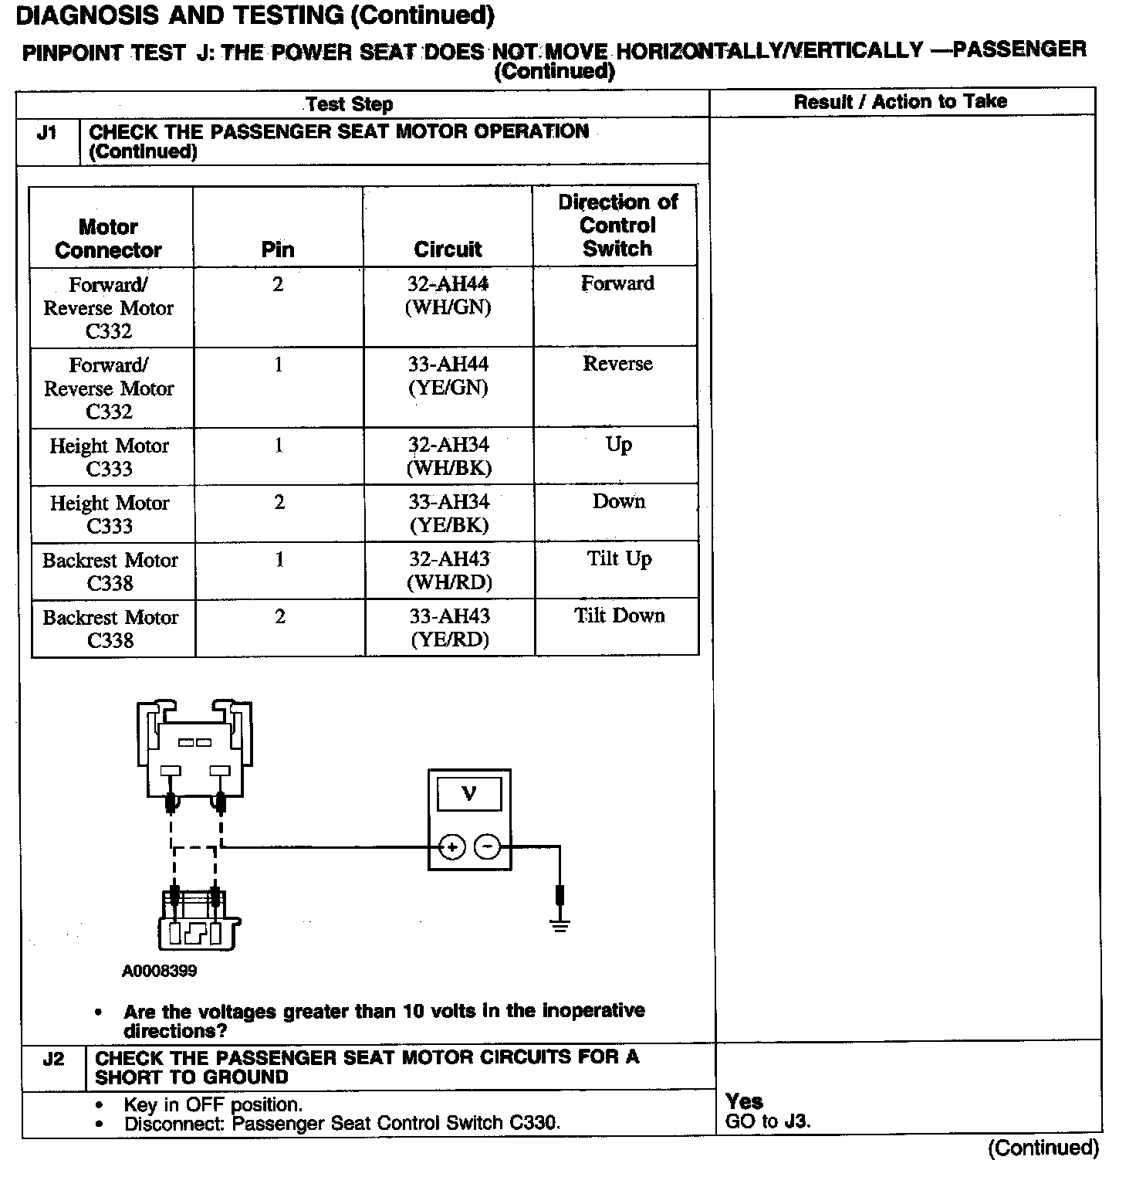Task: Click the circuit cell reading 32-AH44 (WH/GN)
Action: tap(448, 296)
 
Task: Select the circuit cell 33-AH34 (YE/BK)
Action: tap(449, 514)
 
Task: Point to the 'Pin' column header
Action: tap(278, 249)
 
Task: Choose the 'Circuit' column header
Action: tap(448, 249)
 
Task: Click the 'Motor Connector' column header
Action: tap(109, 239)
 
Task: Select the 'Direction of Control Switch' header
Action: tap(617, 226)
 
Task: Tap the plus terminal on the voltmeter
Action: tap(451, 847)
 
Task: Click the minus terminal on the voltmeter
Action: tap(487, 847)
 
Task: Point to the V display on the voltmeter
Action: tap(468, 793)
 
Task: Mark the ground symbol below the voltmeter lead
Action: tap(560, 924)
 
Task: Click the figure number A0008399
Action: tap(159, 971)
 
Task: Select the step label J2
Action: tap(53, 1059)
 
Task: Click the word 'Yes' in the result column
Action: tap(744, 1101)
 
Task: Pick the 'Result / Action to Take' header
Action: tap(901, 101)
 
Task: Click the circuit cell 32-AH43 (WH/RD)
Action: tap(449, 571)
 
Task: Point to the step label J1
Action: tap(47, 133)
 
